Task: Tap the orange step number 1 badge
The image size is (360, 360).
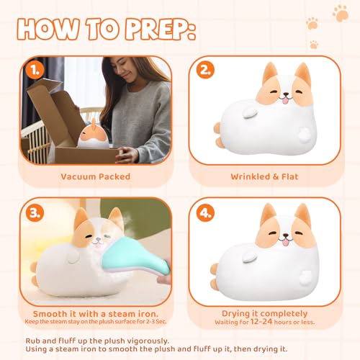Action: click(33, 71)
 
